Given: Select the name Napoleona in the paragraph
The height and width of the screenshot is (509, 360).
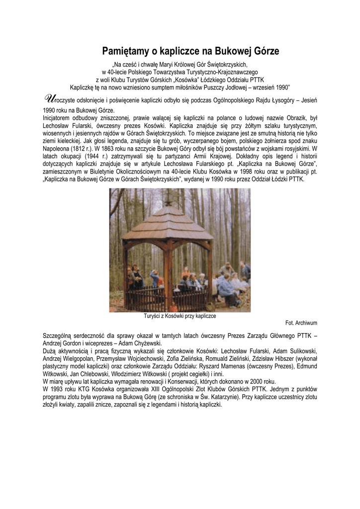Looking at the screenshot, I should tap(59, 148).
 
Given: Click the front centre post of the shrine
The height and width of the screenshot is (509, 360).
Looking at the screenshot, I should tap(167, 276).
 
